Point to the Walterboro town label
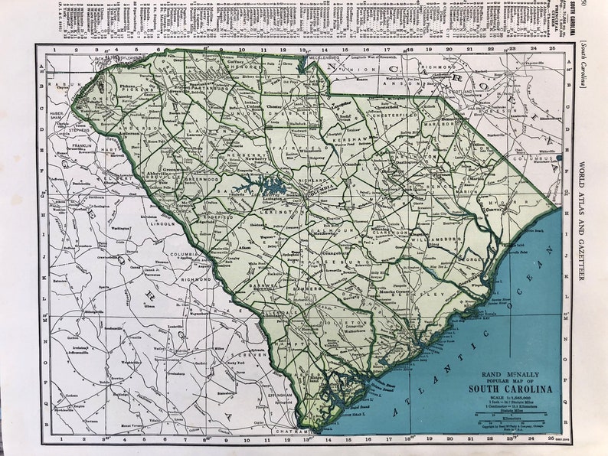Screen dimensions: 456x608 352,332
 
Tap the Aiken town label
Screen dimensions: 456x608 244,249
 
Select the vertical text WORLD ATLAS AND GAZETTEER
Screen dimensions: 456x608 583,222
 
